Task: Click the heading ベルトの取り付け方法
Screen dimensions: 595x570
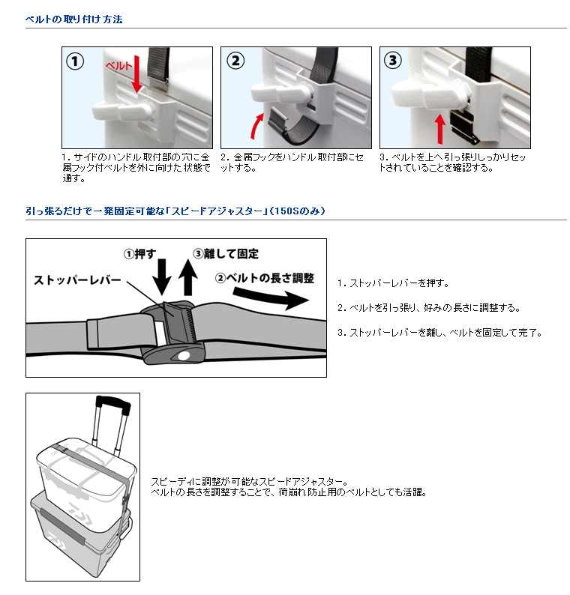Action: (73, 19)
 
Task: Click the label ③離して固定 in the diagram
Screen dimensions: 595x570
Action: (225, 254)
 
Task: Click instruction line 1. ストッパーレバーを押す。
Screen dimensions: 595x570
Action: (393, 283)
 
